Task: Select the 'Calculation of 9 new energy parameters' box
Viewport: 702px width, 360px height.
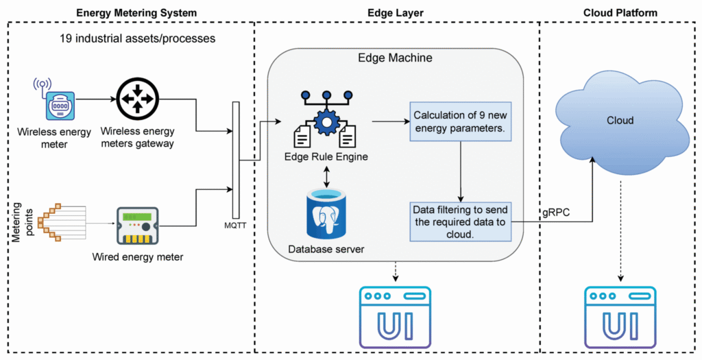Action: (x=460, y=122)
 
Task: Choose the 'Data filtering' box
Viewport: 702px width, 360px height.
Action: (x=460, y=221)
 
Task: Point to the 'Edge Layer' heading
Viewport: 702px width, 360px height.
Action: (x=396, y=12)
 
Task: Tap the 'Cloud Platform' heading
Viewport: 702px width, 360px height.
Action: (x=620, y=12)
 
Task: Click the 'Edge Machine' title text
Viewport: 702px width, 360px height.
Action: (x=396, y=58)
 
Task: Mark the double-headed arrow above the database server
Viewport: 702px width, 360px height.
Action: (x=327, y=175)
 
